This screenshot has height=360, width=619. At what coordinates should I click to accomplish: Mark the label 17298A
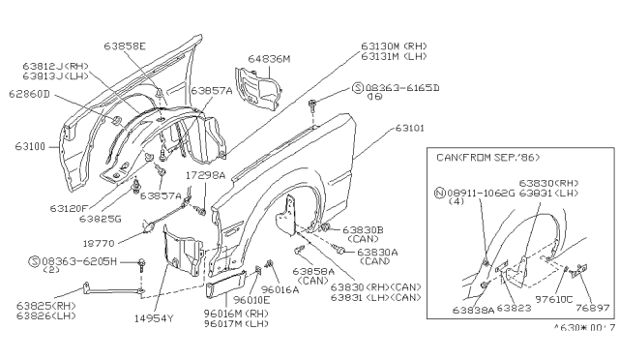coord(207,177)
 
